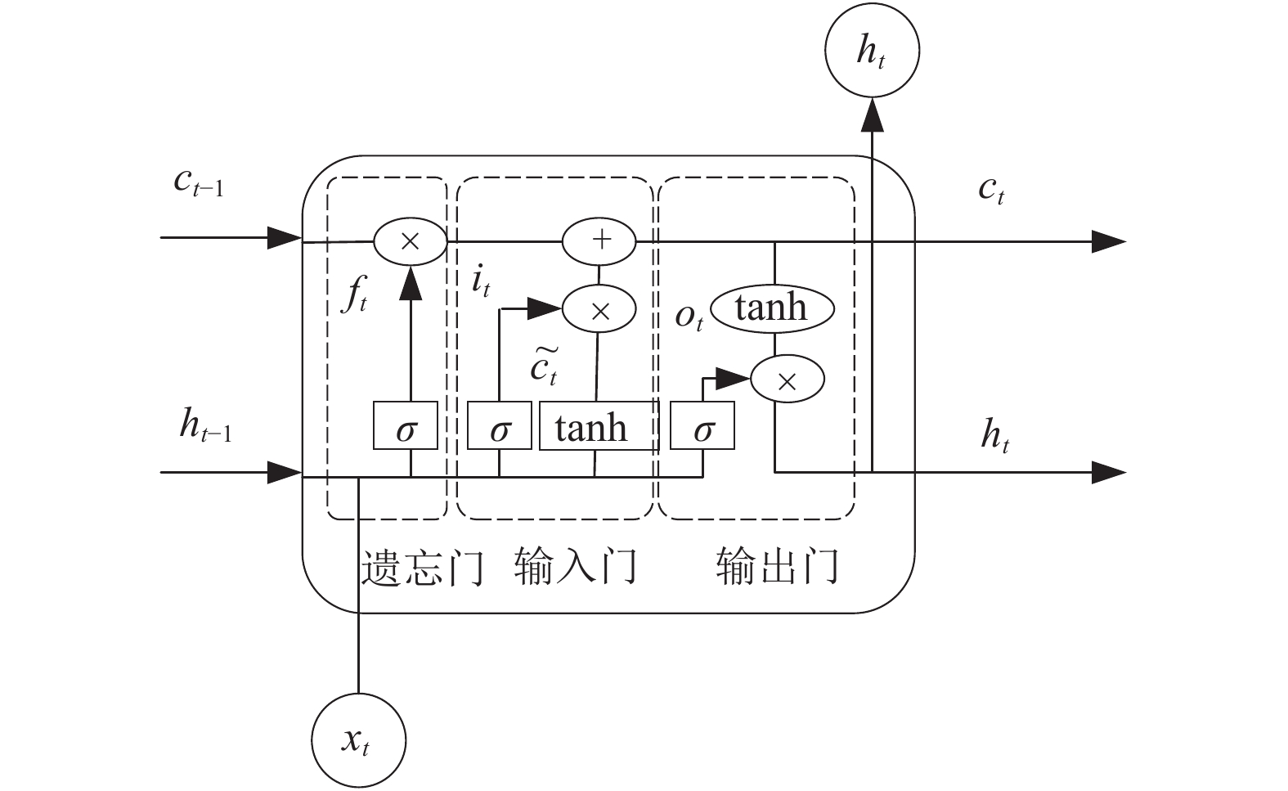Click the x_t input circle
(358, 740)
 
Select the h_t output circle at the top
(872, 50)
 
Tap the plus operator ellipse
(599, 240)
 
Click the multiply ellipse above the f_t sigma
(411, 241)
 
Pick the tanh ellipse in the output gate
(772, 308)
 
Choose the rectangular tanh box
(598, 426)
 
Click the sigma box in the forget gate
(406, 426)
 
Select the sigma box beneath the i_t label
(499, 426)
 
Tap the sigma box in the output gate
(702, 426)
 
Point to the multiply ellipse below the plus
(599, 310)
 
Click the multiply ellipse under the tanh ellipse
(787, 380)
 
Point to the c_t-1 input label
(198, 182)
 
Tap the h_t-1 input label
(205, 426)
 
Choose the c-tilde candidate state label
(544, 366)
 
